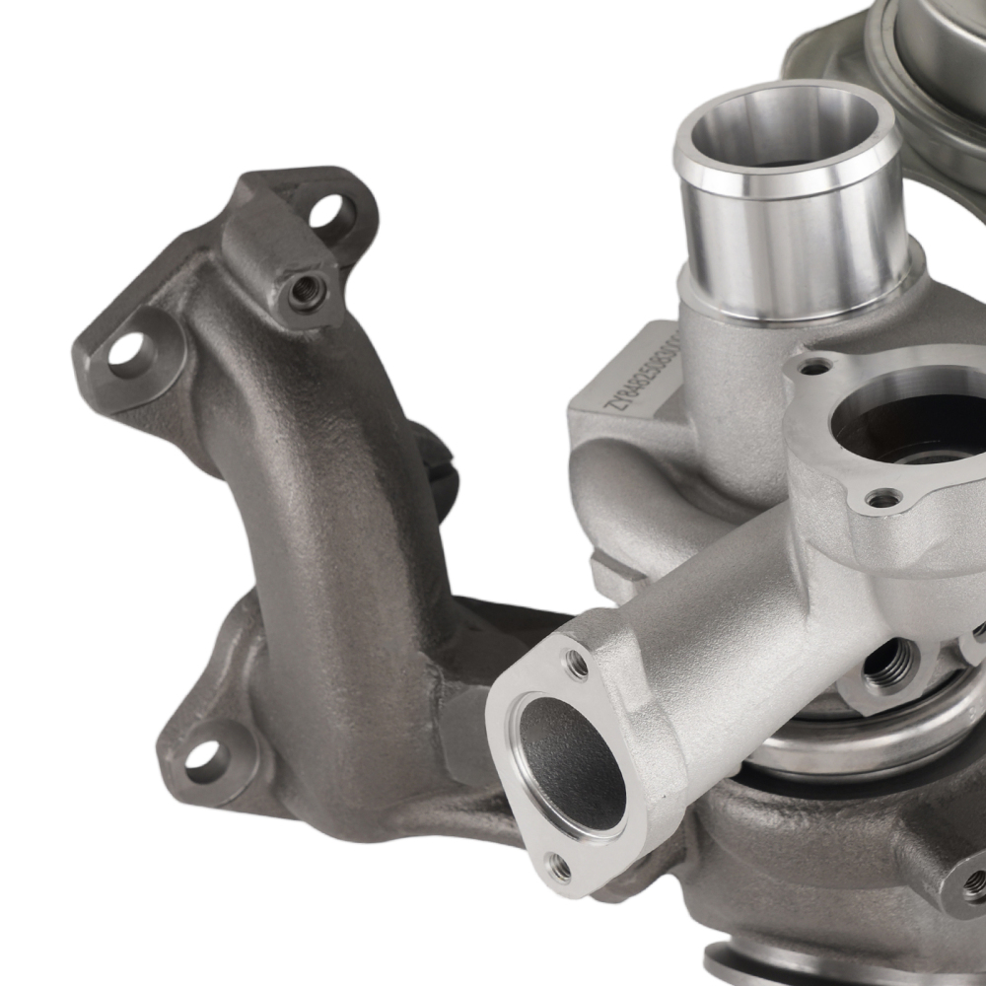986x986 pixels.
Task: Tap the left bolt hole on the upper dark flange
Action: (x=128, y=350)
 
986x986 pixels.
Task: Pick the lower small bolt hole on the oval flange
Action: (x=559, y=867)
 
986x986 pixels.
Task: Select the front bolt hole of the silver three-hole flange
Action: (x=882, y=499)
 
